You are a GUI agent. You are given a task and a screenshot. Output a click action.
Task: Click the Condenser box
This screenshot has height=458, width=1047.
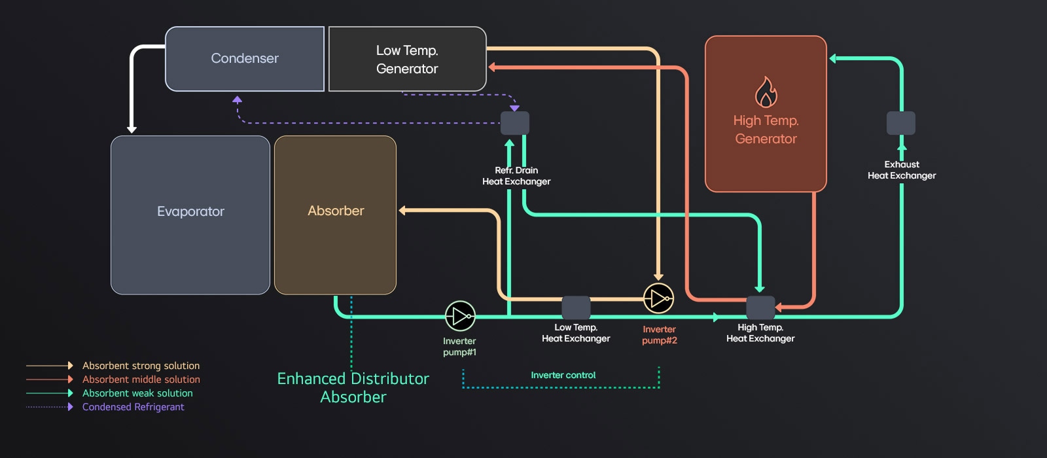245,59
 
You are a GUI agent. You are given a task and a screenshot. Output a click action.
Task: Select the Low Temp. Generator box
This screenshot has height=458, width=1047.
407,59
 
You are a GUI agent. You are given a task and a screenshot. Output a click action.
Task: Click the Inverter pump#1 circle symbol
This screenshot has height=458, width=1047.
460,316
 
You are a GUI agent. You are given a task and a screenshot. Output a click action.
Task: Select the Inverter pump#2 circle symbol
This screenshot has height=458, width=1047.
658,298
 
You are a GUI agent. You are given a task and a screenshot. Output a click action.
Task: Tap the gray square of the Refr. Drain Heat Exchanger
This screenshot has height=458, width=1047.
515,123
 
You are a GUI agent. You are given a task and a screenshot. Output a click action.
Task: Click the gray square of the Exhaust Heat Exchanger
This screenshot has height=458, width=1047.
901,123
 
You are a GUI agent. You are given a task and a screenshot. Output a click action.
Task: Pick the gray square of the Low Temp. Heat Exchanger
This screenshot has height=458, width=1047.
576,308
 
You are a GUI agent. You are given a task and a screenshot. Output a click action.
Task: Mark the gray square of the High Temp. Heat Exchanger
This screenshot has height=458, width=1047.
760,308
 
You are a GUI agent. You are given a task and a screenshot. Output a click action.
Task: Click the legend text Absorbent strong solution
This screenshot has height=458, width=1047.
141,366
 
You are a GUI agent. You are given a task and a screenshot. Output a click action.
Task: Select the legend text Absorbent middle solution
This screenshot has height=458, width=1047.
141,379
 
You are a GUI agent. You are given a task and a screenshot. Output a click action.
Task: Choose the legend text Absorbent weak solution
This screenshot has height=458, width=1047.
137,393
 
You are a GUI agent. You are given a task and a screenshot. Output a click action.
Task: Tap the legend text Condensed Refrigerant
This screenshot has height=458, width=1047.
133,407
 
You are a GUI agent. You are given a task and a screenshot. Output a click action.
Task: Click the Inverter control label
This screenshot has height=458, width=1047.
563,375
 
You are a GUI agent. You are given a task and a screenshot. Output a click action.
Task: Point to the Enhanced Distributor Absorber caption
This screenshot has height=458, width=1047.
353,387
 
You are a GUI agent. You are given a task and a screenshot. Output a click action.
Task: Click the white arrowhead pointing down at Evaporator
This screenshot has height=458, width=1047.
132,130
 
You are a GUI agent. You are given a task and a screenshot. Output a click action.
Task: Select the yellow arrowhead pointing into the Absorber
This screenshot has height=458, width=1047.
403,211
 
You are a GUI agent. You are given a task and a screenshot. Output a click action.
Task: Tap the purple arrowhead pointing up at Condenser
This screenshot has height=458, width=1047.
238,99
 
